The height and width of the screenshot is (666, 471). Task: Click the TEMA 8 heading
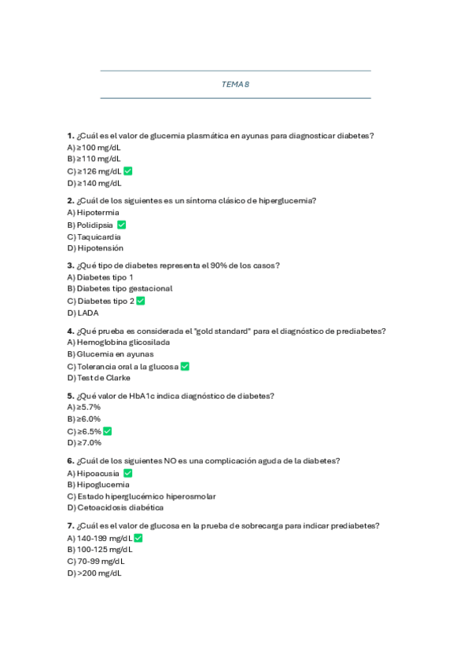click(x=235, y=84)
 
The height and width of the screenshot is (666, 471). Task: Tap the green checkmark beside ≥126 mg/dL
click(x=127, y=171)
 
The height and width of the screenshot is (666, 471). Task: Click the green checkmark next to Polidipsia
click(x=121, y=225)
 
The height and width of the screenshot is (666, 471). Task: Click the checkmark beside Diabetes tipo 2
click(x=141, y=301)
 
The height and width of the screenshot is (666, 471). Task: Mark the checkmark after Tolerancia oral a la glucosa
click(x=185, y=366)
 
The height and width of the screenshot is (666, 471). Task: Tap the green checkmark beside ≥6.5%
click(x=108, y=431)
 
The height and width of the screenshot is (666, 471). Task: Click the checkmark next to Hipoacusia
click(x=127, y=474)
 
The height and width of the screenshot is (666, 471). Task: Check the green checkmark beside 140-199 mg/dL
click(x=138, y=538)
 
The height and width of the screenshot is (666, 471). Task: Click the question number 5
click(x=71, y=396)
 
